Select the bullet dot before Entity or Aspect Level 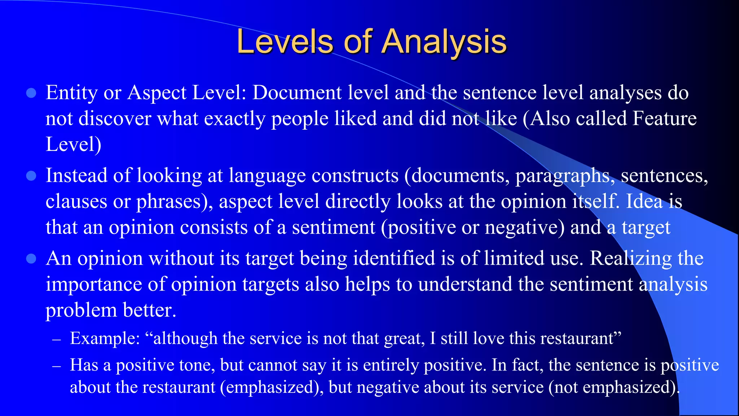point(31,93)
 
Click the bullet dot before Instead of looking point(31,176)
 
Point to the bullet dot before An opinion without point(31,259)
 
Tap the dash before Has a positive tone point(56,366)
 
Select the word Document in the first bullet point(297,93)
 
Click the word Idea point(644,201)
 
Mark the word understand point(465,284)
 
